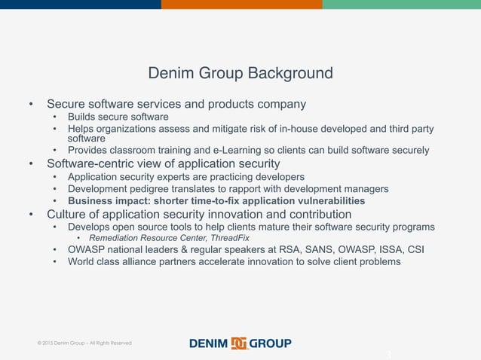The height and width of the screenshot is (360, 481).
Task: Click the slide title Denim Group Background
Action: (x=240, y=74)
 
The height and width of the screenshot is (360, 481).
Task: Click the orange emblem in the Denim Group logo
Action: (x=239, y=343)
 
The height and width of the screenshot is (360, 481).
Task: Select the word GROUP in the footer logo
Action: (x=271, y=343)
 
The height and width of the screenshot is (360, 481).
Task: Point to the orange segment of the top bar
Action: (x=241, y=4)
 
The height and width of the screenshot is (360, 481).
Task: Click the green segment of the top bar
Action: (x=401, y=4)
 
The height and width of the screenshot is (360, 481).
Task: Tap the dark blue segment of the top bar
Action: (x=80, y=4)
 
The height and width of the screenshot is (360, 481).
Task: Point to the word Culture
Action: (x=69, y=214)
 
